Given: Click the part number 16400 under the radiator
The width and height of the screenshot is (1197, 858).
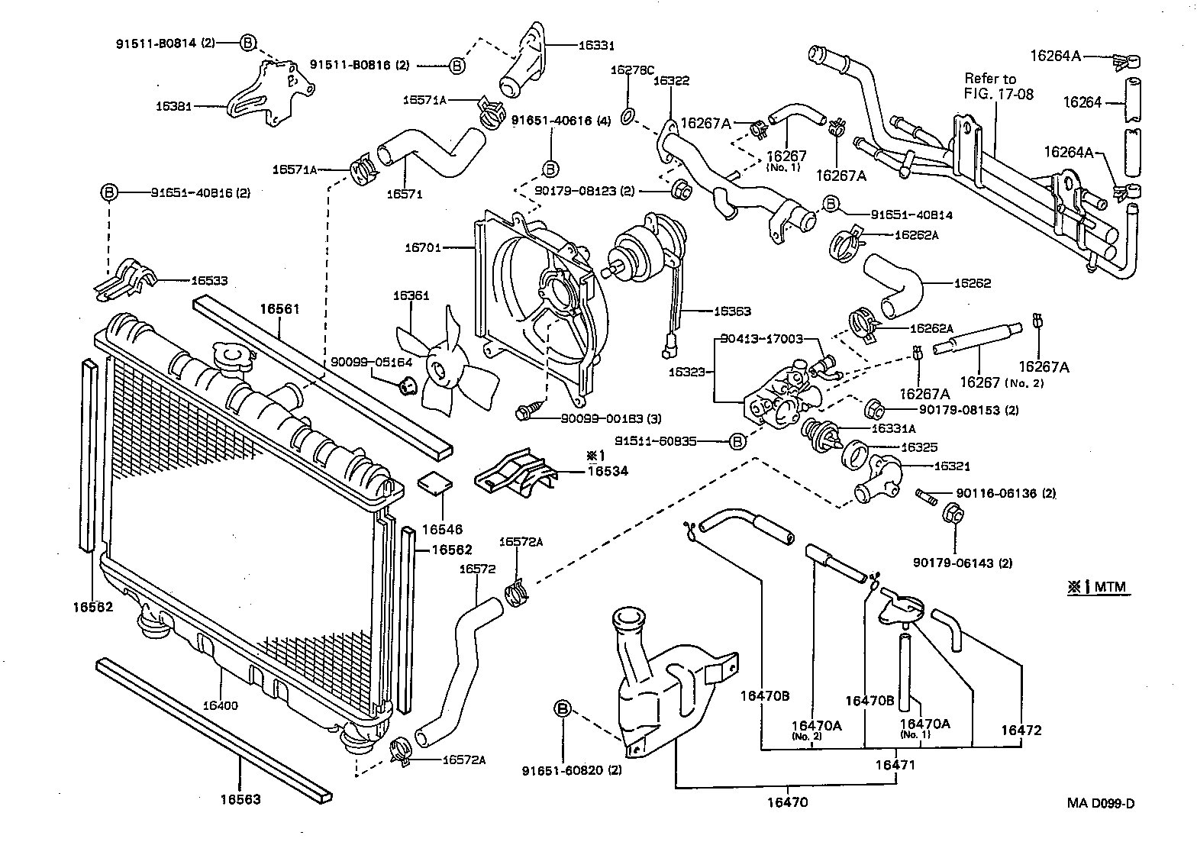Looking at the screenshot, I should [x=220, y=705].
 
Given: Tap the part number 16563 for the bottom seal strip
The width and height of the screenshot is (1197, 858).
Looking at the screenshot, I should [x=240, y=799].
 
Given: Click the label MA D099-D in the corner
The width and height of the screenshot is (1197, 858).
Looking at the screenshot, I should [x=1101, y=803].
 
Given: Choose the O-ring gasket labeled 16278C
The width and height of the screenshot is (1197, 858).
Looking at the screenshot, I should [x=627, y=116].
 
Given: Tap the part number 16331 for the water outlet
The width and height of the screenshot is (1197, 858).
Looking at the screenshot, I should [x=596, y=46].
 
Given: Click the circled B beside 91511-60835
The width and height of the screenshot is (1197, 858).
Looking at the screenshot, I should [x=737, y=441].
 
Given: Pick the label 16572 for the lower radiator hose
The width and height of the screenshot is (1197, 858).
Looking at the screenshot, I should [x=477, y=569].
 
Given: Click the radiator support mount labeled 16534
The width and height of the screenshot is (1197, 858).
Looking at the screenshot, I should [x=515, y=473].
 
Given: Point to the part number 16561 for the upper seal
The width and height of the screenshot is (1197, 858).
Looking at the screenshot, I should [x=279, y=309].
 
